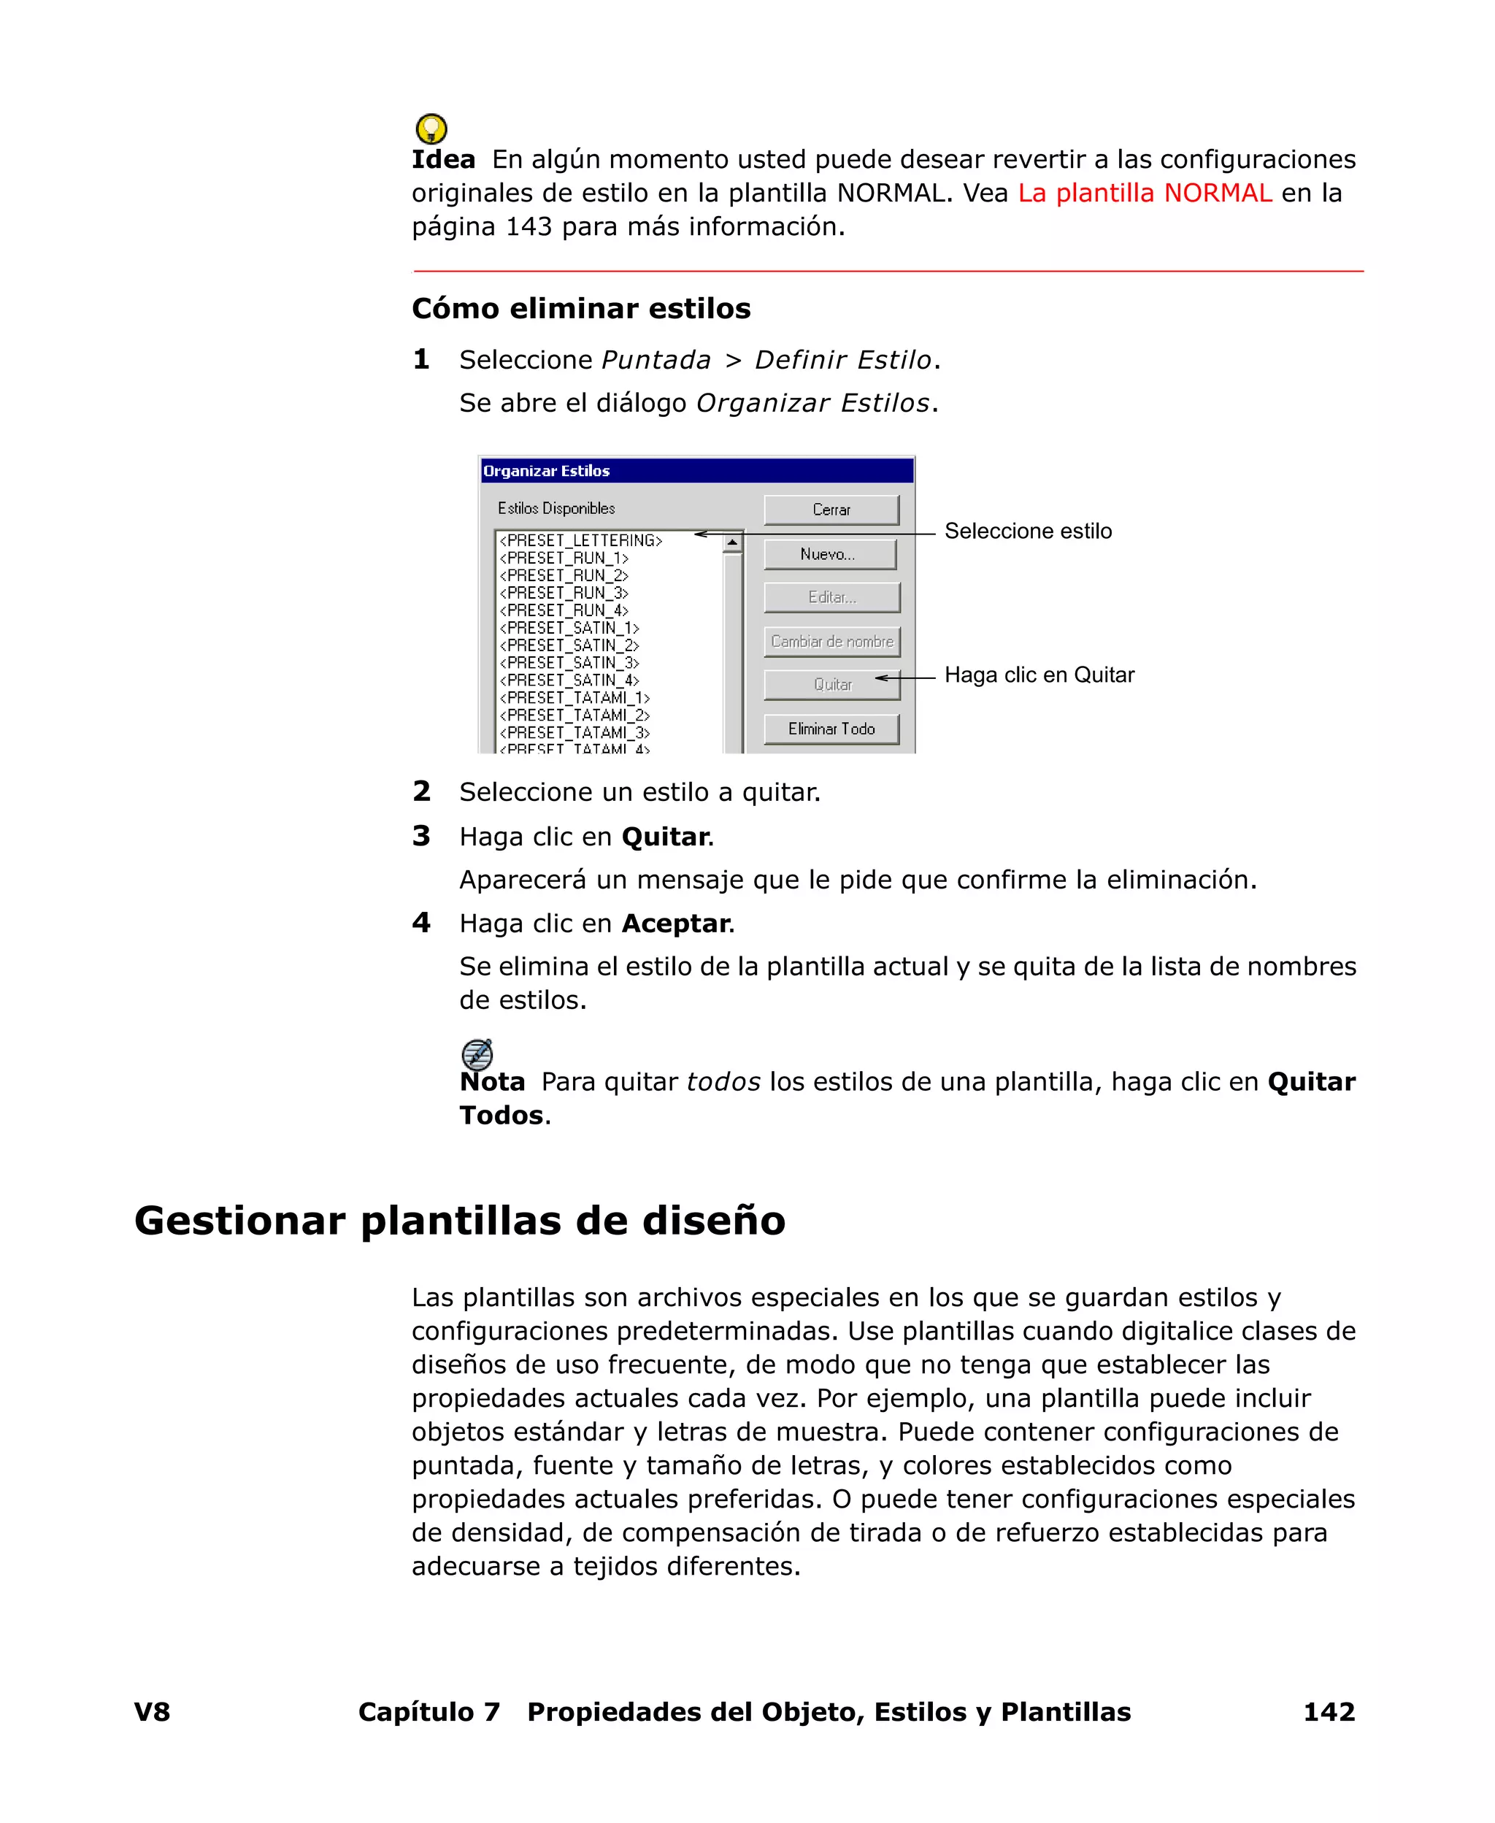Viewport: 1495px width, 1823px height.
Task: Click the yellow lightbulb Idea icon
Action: (x=431, y=129)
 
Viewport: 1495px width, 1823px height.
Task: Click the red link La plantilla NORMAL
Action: (x=1144, y=193)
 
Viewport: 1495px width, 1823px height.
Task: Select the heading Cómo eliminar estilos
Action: (x=580, y=308)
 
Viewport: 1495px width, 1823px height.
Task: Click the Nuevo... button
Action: (x=829, y=553)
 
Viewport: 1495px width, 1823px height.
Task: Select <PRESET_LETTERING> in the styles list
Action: (x=580, y=541)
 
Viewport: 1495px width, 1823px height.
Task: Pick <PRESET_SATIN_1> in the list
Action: (x=569, y=628)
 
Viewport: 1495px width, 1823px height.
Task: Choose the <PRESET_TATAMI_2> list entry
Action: (x=574, y=715)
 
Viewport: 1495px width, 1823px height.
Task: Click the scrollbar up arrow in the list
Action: (x=732, y=542)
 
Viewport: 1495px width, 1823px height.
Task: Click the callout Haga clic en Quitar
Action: (x=1039, y=675)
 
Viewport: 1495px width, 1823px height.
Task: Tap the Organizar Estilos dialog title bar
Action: (x=696, y=471)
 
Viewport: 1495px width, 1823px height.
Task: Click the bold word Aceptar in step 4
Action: (x=675, y=923)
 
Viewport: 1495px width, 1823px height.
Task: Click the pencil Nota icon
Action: (x=477, y=1054)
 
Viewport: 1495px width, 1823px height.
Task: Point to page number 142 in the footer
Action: (x=1328, y=1712)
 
